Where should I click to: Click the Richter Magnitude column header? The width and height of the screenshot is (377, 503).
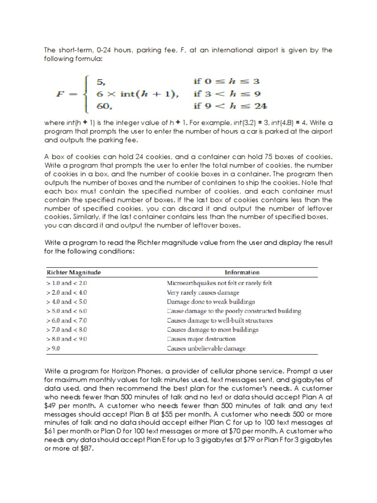(x=74, y=272)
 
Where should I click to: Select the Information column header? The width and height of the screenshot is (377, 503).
(x=242, y=272)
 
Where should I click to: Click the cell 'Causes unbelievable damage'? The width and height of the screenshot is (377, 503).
(x=206, y=349)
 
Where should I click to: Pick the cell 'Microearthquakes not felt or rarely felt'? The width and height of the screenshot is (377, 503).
(x=219, y=283)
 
